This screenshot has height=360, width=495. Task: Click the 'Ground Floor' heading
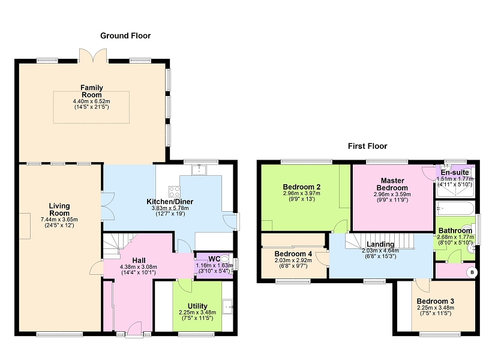click(x=125, y=35)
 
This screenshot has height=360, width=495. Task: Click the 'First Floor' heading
click(x=367, y=146)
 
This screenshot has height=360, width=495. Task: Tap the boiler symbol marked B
click(x=472, y=272)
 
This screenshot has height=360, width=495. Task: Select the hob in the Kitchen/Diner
click(x=174, y=191)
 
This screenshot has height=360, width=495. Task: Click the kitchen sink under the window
click(x=199, y=170)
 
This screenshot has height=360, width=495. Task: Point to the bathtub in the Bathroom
click(x=455, y=208)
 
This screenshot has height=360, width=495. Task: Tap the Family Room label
click(x=92, y=91)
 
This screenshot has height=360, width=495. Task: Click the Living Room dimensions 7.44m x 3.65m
click(x=59, y=220)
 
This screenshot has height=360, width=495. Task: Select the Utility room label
click(x=197, y=306)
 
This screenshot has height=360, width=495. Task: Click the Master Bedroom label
click(x=392, y=184)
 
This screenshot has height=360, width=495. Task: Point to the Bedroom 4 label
click(x=293, y=254)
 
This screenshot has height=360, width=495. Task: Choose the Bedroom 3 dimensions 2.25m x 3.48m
click(x=436, y=308)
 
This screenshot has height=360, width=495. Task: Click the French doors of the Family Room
click(x=93, y=56)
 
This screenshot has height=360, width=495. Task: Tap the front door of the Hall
click(x=134, y=329)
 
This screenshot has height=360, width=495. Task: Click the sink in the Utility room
click(x=227, y=307)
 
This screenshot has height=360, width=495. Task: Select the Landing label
click(x=380, y=244)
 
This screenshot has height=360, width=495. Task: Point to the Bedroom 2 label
click(x=302, y=187)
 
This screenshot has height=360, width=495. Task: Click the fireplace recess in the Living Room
click(x=25, y=226)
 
